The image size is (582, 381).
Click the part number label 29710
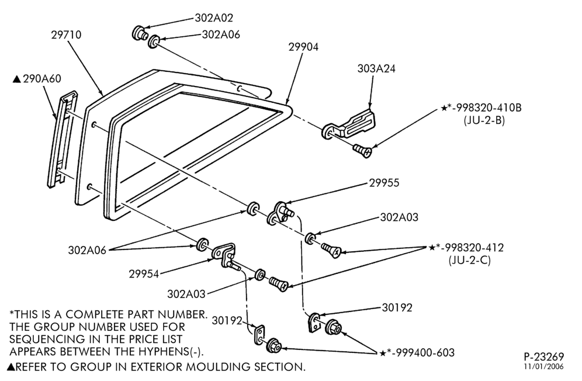click(66, 35)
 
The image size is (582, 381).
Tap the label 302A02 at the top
click(214, 18)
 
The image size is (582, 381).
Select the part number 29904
click(304, 47)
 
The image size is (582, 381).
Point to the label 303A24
click(376, 69)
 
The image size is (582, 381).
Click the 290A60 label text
click(42, 79)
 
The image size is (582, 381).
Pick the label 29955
click(384, 183)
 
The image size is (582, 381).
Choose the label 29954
click(144, 274)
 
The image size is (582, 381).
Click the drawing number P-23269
click(544, 357)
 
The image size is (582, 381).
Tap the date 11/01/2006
click(544, 366)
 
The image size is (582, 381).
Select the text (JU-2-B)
click(484, 120)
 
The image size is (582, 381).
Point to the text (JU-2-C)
click(470, 260)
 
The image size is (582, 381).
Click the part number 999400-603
click(425, 352)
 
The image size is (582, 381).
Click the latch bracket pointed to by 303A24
click(349, 124)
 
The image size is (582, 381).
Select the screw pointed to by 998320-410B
click(363, 151)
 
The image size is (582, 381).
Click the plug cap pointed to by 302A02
click(139, 32)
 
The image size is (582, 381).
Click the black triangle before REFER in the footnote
click(11, 367)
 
